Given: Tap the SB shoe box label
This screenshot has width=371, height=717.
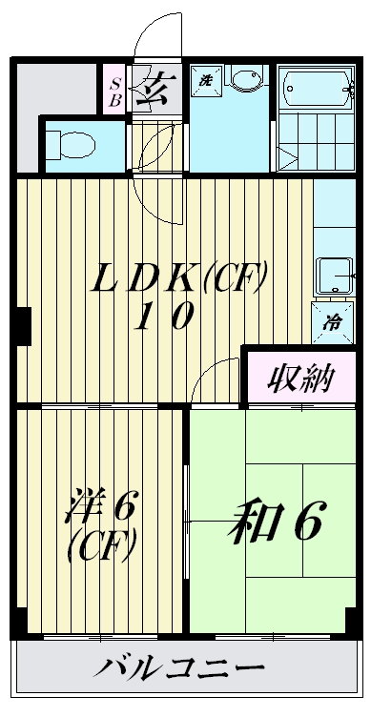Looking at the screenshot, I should pos(113,90).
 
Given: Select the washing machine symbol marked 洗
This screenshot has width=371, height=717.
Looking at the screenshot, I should pos(204,81).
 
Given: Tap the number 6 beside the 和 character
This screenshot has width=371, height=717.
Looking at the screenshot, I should pos(308,522).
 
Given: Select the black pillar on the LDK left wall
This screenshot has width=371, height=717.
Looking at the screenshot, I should pos(23,323).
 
